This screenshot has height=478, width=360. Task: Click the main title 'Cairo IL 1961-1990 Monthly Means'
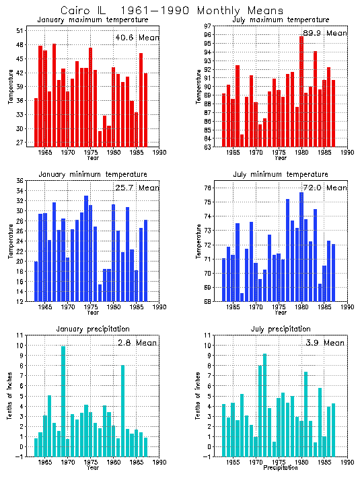172,11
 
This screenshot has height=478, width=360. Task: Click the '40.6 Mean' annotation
137,38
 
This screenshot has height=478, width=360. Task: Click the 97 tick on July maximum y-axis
208,26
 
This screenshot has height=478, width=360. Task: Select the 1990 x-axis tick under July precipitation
346,463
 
